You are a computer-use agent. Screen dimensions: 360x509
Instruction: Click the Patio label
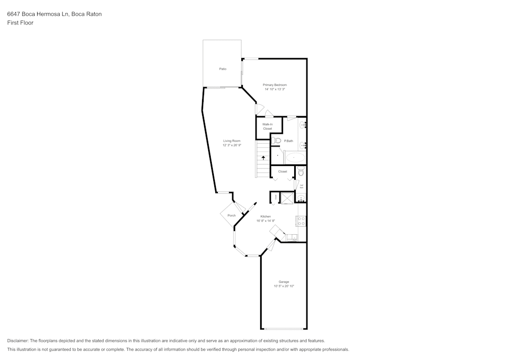click(x=222, y=69)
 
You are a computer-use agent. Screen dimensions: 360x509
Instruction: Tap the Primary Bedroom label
click(x=274, y=85)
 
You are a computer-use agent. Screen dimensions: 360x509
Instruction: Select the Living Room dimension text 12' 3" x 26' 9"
click(x=232, y=145)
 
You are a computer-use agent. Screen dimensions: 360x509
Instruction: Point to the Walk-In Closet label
click(x=267, y=126)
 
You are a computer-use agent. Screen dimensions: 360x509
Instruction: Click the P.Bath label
click(x=289, y=141)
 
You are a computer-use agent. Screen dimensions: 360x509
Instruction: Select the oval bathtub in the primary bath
click(x=294, y=158)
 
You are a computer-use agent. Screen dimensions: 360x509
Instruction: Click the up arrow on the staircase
click(x=263, y=157)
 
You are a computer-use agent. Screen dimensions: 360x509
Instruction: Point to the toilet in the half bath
click(x=300, y=172)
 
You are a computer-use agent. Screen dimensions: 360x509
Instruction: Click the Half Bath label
click(x=301, y=186)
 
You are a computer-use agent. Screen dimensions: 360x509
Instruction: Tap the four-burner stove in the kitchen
click(x=301, y=221)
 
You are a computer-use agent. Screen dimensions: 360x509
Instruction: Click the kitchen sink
click(x=292, y=236)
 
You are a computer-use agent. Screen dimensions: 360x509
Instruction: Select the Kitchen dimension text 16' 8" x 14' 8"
click(x=266, y=221)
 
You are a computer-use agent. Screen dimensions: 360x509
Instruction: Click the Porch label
click(x=232, y=215)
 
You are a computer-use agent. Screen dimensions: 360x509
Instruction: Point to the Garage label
click(x=284, y=282)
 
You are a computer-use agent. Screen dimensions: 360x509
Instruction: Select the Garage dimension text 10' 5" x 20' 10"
click(x=284, y=286)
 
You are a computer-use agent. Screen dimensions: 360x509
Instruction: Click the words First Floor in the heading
click(x=20, y=23)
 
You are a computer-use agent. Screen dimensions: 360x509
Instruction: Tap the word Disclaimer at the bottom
click(x=18, y=341)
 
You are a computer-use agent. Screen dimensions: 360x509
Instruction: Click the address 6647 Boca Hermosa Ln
click(x=38, y=14)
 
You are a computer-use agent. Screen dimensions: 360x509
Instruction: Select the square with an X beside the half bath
click(x=288, y=198)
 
